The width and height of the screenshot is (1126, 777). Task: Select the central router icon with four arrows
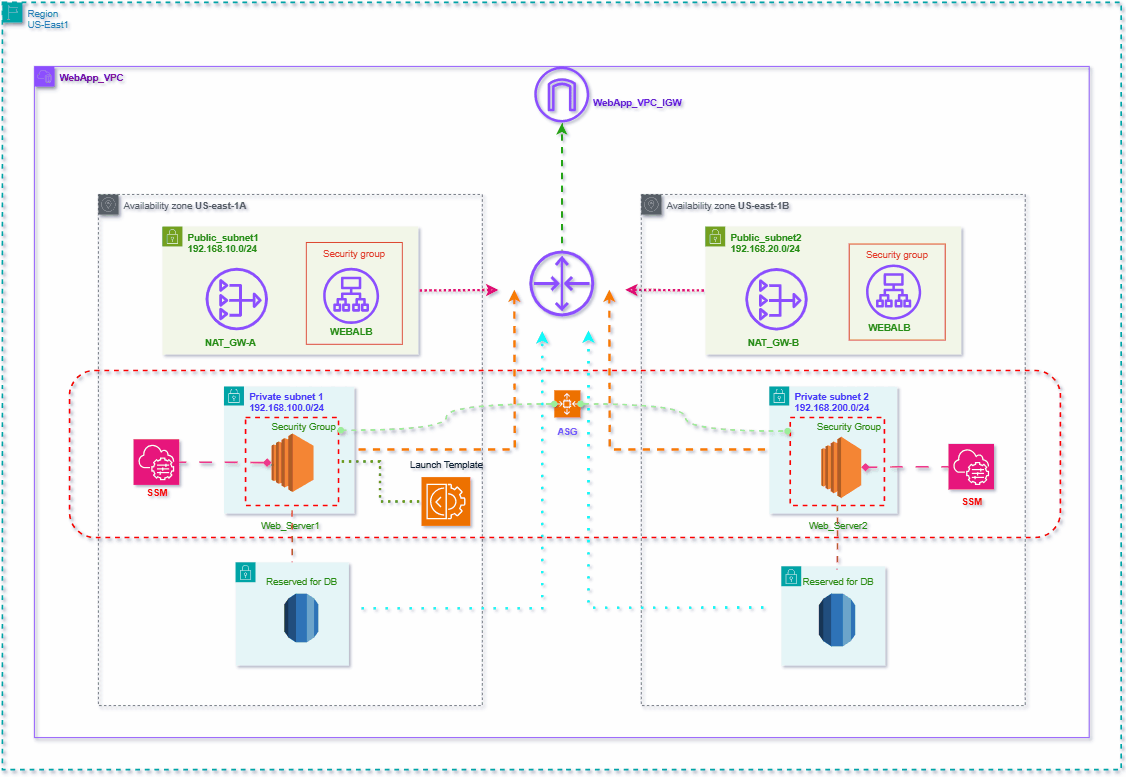[561, 284]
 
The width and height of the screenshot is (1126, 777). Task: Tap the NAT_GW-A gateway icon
[235, 298]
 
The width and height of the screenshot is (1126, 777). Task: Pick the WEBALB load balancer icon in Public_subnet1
[353, 294]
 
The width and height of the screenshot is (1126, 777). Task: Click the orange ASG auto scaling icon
[566, 404]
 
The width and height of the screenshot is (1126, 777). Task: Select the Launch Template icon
[446, 502]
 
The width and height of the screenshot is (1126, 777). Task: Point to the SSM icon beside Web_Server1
[157, 463]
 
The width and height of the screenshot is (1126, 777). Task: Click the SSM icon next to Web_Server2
[972, 466]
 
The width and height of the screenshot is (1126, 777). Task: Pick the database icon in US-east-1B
[837, 619]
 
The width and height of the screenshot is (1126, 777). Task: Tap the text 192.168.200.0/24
[831, 408]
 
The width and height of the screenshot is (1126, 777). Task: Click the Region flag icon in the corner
[14, 13]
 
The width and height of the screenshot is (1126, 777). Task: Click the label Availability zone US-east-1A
[185, 206]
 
